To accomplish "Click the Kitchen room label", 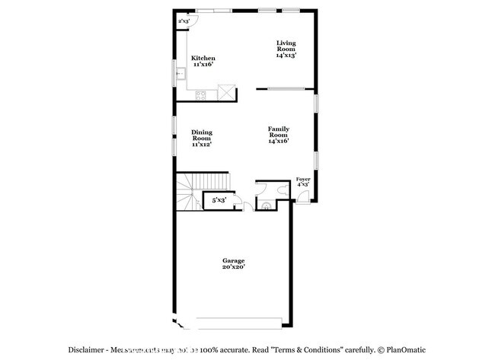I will (203, 59).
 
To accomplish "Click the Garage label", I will (233, 261).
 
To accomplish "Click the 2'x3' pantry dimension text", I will (184, 21).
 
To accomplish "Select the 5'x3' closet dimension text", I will (219, 200).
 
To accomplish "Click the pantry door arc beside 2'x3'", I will (193, 21).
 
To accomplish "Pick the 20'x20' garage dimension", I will (233, 267).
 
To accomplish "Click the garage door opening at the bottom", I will (232, 320).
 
